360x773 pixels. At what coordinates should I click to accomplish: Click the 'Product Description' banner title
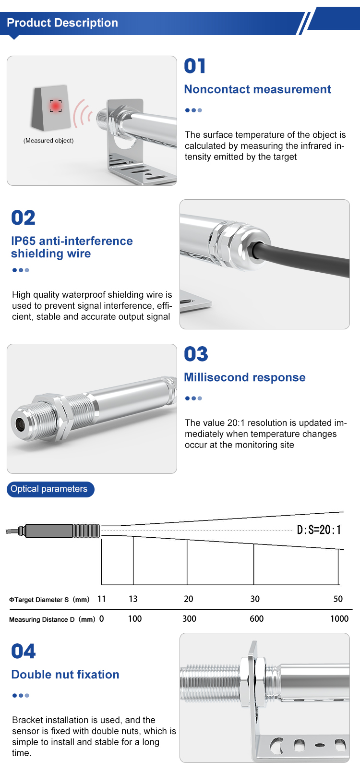(62, 23)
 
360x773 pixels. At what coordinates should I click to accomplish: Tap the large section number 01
(195, 66)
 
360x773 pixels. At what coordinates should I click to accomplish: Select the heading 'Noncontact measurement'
(257, 89)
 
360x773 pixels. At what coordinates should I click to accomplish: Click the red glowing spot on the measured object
(56, 106)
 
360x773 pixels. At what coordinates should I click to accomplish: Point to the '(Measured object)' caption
(48, 141)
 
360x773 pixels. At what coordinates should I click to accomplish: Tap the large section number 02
(23, 218)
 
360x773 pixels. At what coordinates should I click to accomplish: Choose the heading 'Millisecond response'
(245, 377)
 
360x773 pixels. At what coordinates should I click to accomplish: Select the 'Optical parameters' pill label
(50, 489)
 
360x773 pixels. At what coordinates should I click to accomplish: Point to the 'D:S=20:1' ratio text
(319, 530)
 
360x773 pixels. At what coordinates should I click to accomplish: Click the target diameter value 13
(133, 599)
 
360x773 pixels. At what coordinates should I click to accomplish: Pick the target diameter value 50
(338, 599)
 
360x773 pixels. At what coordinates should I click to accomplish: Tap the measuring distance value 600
(256, 619)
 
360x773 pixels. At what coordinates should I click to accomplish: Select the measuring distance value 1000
(339, 619)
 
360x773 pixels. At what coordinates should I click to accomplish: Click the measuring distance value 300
(189, 619)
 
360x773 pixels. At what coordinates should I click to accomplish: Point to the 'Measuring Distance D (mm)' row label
(52, 619)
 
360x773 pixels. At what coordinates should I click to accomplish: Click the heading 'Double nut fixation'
(65, 674)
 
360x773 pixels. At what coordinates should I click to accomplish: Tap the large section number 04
(23, 651)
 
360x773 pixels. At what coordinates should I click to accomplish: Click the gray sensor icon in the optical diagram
(53, 531)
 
